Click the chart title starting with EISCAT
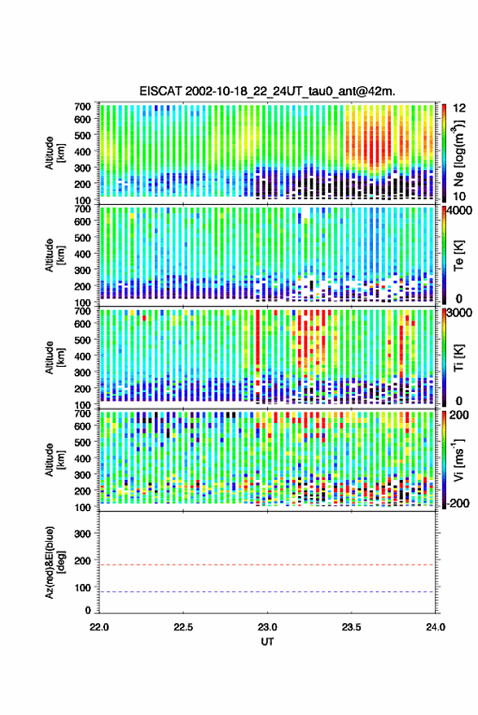coord(267,91)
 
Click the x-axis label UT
coord(267,642)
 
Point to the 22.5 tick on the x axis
coord(183,627)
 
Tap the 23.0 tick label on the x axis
coord(267,627)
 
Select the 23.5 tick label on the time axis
coord(351,627)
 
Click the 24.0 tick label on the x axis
coord(435,627)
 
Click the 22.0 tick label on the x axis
coord(99,627)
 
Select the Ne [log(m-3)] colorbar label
coord(458,152)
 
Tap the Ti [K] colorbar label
coord(458,358)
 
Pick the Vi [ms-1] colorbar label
coord(458,460)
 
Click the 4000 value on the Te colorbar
coord(461,211)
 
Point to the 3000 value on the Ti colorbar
coord(461,313)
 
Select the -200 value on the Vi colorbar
coord(458,503)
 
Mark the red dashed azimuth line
coord(267,565)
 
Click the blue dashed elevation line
coord(267,592)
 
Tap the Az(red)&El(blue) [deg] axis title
coord(55,562)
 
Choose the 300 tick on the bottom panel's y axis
coord(82,534)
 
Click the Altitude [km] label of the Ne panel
coord(55,153)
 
